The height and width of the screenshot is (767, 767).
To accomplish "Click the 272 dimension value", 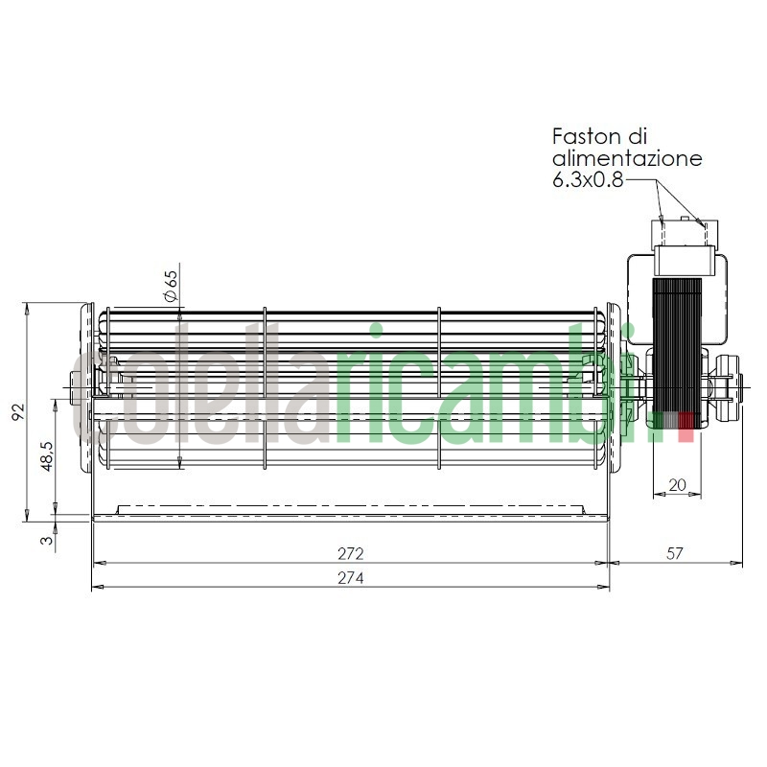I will [350, 554].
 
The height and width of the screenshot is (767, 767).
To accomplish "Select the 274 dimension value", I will [350, 578].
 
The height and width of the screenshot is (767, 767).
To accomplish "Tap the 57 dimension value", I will [675, 554].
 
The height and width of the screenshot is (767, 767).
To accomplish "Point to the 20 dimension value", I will [677, 485].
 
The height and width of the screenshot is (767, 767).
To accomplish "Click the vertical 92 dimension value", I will [16, 412].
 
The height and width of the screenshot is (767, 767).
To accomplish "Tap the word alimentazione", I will [627, 158].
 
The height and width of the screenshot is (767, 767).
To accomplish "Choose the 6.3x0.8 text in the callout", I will [588, 180].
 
